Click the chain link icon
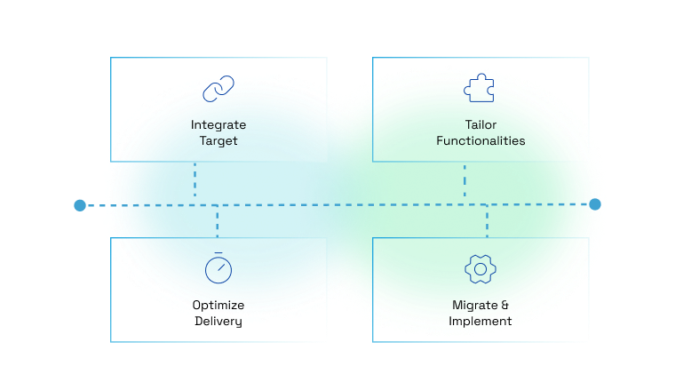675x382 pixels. [218, 89]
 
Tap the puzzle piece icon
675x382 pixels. [480, 88]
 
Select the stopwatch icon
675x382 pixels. [218, 268]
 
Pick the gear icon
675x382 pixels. [480, 268]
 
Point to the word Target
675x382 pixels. [218, 140]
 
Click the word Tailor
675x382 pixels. [480, 124]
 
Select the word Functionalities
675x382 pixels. [480, 140]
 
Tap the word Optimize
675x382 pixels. [218, 305]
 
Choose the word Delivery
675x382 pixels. [218, 321]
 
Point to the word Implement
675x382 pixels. [480, 321]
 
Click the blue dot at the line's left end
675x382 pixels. [80, 205]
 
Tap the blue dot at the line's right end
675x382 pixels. [595, 204]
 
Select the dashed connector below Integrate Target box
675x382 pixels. [195, 180]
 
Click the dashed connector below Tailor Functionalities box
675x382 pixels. [465, 180]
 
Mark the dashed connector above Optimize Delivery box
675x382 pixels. [218, 222]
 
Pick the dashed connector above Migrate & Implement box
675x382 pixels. [487, 222]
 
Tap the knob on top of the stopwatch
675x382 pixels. [218, 254]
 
